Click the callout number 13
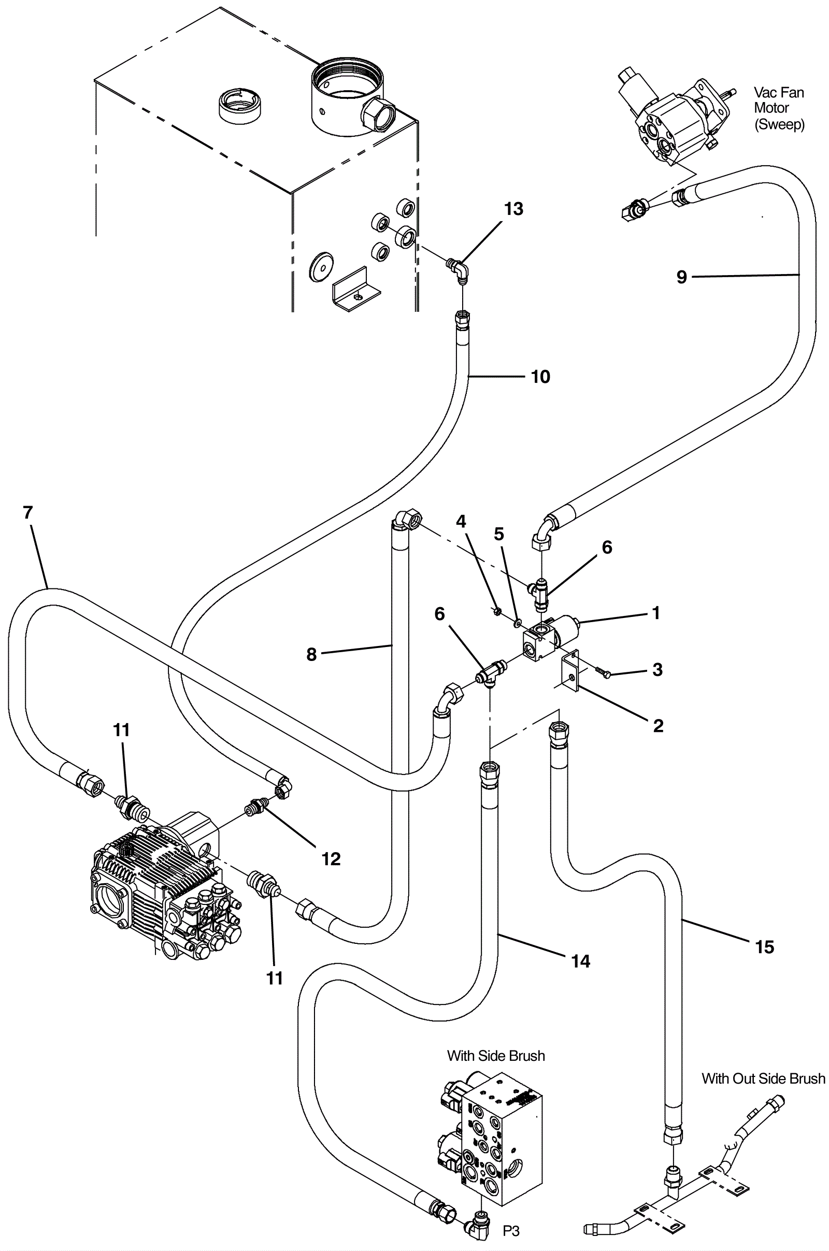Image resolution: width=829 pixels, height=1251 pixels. [x=513, y=209]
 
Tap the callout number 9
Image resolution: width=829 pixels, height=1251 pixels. [x=681, y=277]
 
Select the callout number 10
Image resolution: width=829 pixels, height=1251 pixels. [x=540, y=377]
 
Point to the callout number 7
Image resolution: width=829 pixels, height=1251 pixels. [x=28, y=512]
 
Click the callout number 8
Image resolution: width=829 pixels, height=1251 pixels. [x=311, y=655]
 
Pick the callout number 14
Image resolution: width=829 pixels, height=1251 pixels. [x=580, y=961]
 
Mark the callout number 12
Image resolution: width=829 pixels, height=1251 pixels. [x=331, y=859]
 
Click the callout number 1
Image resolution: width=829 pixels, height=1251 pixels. [x=656, y=613]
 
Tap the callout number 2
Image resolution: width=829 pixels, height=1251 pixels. [x=658, y=726]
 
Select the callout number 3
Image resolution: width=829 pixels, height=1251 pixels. [x=657, y=670]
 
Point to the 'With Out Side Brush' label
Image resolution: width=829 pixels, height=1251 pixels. [x=763, y=1078]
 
